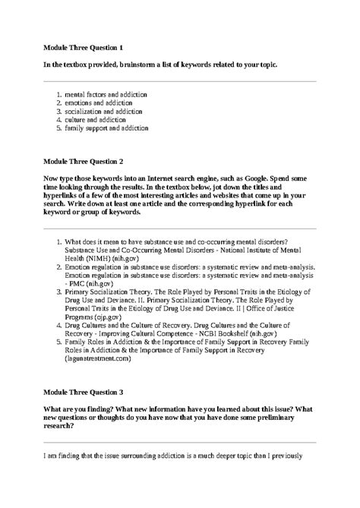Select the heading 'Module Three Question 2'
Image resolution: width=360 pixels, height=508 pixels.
(x=84, y=162)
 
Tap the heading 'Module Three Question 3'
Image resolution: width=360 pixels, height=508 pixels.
(x=84, y=392)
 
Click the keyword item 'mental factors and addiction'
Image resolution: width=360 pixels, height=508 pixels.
(x=106, y=94)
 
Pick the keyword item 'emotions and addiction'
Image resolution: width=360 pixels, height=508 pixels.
(x=99, y=103)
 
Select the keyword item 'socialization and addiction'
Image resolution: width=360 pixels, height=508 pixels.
(x=103, y=111)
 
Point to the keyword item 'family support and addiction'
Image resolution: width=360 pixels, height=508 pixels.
(x=106, y=128)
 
